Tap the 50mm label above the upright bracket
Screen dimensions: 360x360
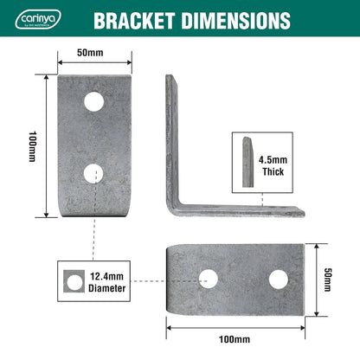[89, 53]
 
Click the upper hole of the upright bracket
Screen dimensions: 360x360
[94, 102]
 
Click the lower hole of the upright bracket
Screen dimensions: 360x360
[94, 173]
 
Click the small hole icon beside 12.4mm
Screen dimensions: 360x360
[73, 282]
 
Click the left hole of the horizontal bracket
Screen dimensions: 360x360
[208, 279]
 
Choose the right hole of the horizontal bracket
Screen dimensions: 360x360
[278, 279]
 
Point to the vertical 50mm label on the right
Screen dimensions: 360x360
[328, 278]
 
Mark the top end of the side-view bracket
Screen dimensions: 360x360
[169, 80]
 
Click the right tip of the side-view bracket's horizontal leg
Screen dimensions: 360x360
[304, 210]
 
